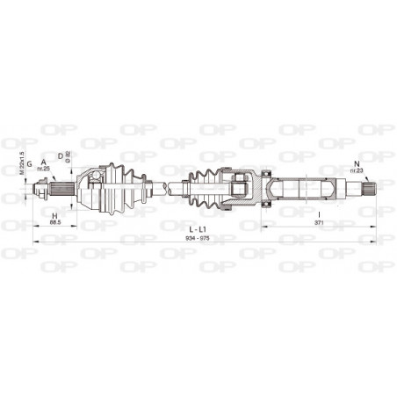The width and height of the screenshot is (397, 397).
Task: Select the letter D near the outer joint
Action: point(61,156)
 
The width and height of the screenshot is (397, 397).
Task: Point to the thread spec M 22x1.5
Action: point(20,165)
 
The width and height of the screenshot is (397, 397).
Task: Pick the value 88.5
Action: point(55,223)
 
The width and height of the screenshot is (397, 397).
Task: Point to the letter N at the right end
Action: point(356,162)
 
